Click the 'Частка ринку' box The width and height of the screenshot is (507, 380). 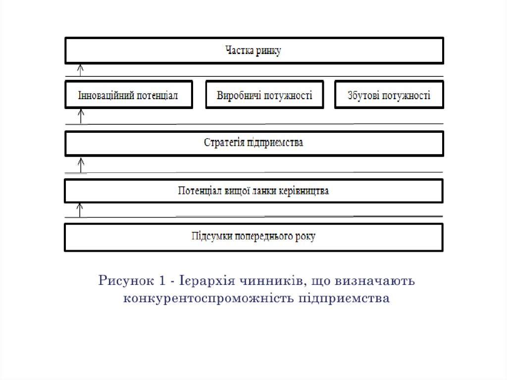[x=254, y=51]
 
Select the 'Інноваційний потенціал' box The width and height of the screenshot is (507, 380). [x=128, y=95]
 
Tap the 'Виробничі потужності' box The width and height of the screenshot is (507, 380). [x=264, y=95]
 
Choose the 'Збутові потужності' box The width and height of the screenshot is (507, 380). [x=389, y=95]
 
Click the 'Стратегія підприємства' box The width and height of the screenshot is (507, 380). [x=254, y=143]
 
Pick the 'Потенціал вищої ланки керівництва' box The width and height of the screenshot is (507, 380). [x=254, y=191]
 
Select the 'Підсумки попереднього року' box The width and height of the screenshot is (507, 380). [x=254, y=236]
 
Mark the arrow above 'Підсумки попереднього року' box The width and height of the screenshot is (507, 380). [x=81, y=210]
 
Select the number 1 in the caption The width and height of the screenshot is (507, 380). [x=162, y=281]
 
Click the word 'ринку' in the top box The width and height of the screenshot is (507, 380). [x=269, y=51]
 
